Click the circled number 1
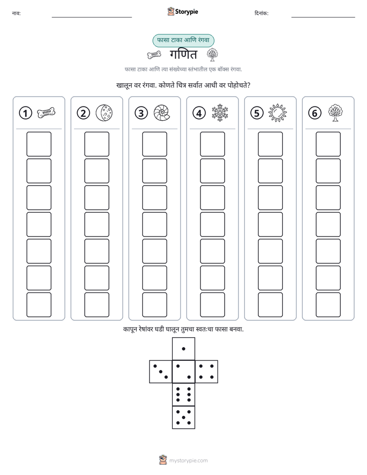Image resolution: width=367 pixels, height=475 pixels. tap(25, 113)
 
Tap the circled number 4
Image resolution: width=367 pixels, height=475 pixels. tap(199, 113)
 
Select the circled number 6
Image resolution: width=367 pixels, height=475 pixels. tap(315, 113)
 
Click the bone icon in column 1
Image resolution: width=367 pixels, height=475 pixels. tap(46, 113)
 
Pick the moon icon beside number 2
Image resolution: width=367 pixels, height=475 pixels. tap(104, 113)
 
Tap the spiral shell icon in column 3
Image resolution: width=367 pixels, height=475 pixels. tap(162, 113)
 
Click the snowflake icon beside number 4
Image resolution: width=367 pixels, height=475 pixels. tap(220, 113)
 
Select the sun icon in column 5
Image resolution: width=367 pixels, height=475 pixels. tap(278, 113)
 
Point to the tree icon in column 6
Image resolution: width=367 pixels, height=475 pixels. tap(335, 113)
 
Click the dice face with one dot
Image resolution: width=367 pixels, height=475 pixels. tap(183, 349)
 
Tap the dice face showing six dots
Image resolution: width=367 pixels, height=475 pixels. tap(183, 394)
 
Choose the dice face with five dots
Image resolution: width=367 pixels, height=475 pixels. tap(183, 417)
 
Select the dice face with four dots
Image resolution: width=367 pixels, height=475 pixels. tap(207, 372)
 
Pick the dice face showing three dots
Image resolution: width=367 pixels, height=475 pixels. tap(160, 372)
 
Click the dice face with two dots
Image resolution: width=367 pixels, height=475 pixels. tap(183, 372)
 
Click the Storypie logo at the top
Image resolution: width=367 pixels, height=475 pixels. tap(182, 11)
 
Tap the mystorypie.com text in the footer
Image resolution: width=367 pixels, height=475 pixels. tap(188, 461)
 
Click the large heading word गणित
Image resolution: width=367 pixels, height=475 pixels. tap(183, 54)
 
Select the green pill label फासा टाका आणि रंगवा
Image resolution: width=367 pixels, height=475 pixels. tap(183, 40)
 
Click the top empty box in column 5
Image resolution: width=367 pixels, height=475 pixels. tap(270, 144)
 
